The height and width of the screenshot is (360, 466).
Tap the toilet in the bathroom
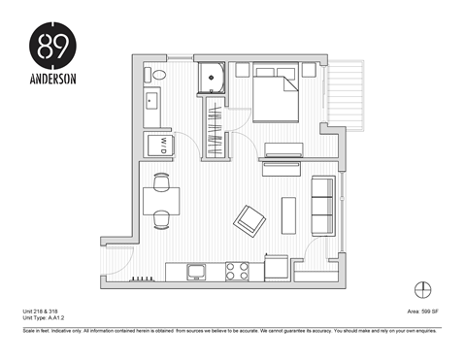point(157,75)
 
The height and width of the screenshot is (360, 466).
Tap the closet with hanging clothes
point(215,124)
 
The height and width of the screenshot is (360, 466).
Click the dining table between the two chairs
point(161,201)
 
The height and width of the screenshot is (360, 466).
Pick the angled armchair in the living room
point(250,219)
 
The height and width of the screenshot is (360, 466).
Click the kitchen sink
point(196,270)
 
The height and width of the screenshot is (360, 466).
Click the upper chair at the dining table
point(161,180)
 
